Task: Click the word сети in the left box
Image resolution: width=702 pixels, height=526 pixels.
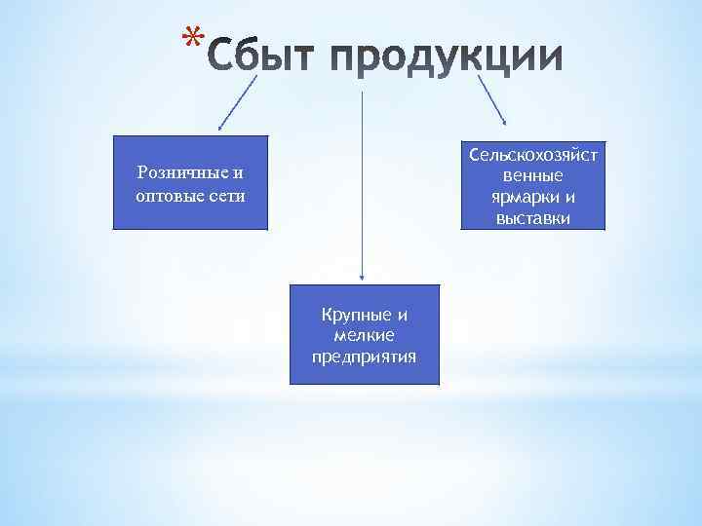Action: tap(226, 195)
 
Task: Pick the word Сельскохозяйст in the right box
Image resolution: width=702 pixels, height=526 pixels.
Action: tap(533, 156)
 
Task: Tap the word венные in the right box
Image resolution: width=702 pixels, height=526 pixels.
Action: tap(533, 176)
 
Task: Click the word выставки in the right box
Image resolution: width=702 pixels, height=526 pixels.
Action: tap(533, 218)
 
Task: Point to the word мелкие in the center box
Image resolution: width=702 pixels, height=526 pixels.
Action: tap(364, 335)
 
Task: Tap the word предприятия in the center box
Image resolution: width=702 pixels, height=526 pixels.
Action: tap(364, 357)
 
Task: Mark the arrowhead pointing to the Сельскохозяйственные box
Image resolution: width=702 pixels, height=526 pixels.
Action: tap(504, 122)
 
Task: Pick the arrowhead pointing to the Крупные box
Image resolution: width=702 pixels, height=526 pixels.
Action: tap(363, 279)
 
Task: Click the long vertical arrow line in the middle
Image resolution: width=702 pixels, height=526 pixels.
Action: tap(363, 185)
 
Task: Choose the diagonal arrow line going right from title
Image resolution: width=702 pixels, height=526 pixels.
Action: tap(490, 97)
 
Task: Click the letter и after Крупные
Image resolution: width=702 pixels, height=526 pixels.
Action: tap(401, 315)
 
